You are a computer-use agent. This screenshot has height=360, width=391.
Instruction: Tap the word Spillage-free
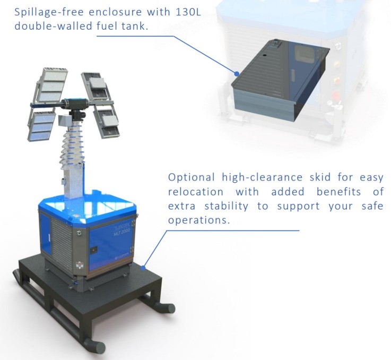(49, 13)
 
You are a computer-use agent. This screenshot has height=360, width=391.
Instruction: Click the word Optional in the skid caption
(192, 177)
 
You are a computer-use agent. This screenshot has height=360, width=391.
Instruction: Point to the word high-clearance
(262, 177)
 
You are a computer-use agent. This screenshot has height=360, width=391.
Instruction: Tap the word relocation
(195, 192)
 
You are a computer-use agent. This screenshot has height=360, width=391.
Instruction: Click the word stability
(226, 206)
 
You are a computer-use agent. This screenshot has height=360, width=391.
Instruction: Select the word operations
(199, 220)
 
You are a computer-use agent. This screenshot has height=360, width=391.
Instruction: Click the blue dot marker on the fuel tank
(237, 73)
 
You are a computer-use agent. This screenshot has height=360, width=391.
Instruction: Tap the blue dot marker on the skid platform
(143, 268)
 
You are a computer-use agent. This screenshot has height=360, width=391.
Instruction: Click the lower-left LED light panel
(41, 126)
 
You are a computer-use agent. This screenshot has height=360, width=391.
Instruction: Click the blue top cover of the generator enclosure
(88, 205)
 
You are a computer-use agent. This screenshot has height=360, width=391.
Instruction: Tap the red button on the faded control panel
(336, 96)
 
